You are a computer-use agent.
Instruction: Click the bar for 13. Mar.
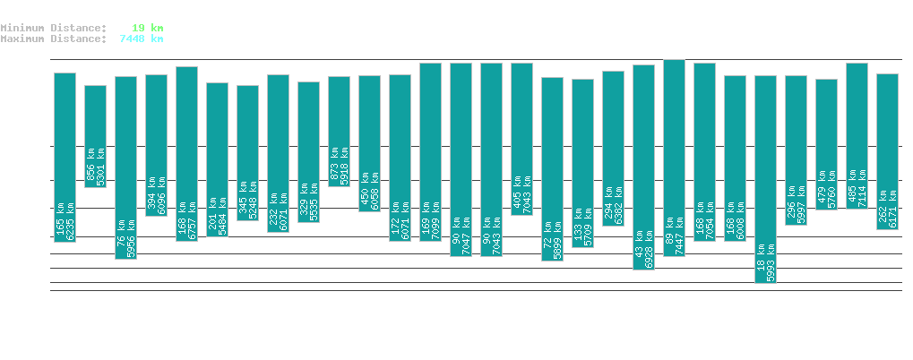tap(765, 179)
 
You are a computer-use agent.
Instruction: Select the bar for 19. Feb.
tap(95, 136)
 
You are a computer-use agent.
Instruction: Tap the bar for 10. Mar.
tap(674, 158)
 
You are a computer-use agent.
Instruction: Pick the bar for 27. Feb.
tap(339, 132)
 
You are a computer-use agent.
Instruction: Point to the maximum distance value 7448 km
tap(142, 39)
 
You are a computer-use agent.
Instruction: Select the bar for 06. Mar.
tap(552, 169)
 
